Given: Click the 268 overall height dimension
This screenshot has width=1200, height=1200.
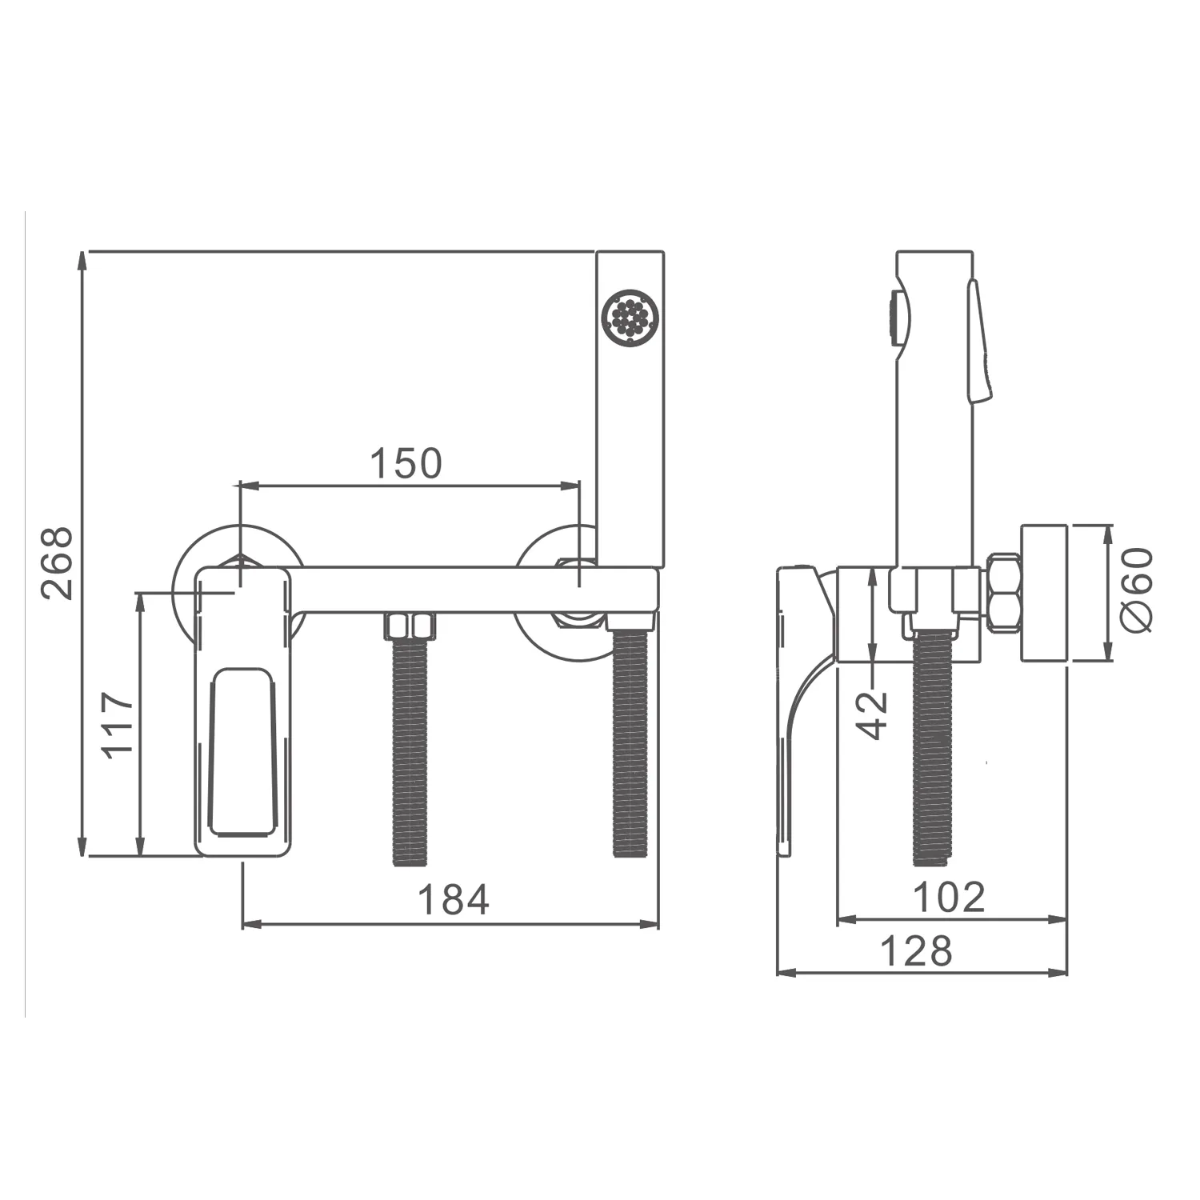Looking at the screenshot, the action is [58, 562].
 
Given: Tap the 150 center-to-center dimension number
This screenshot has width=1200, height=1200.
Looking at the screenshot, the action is [406, 463].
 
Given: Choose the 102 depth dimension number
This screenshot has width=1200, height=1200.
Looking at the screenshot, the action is [949, 897].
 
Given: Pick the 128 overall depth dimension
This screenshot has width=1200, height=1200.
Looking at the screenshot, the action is [917, 951].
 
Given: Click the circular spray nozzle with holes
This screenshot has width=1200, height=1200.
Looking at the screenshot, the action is [630, 318].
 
